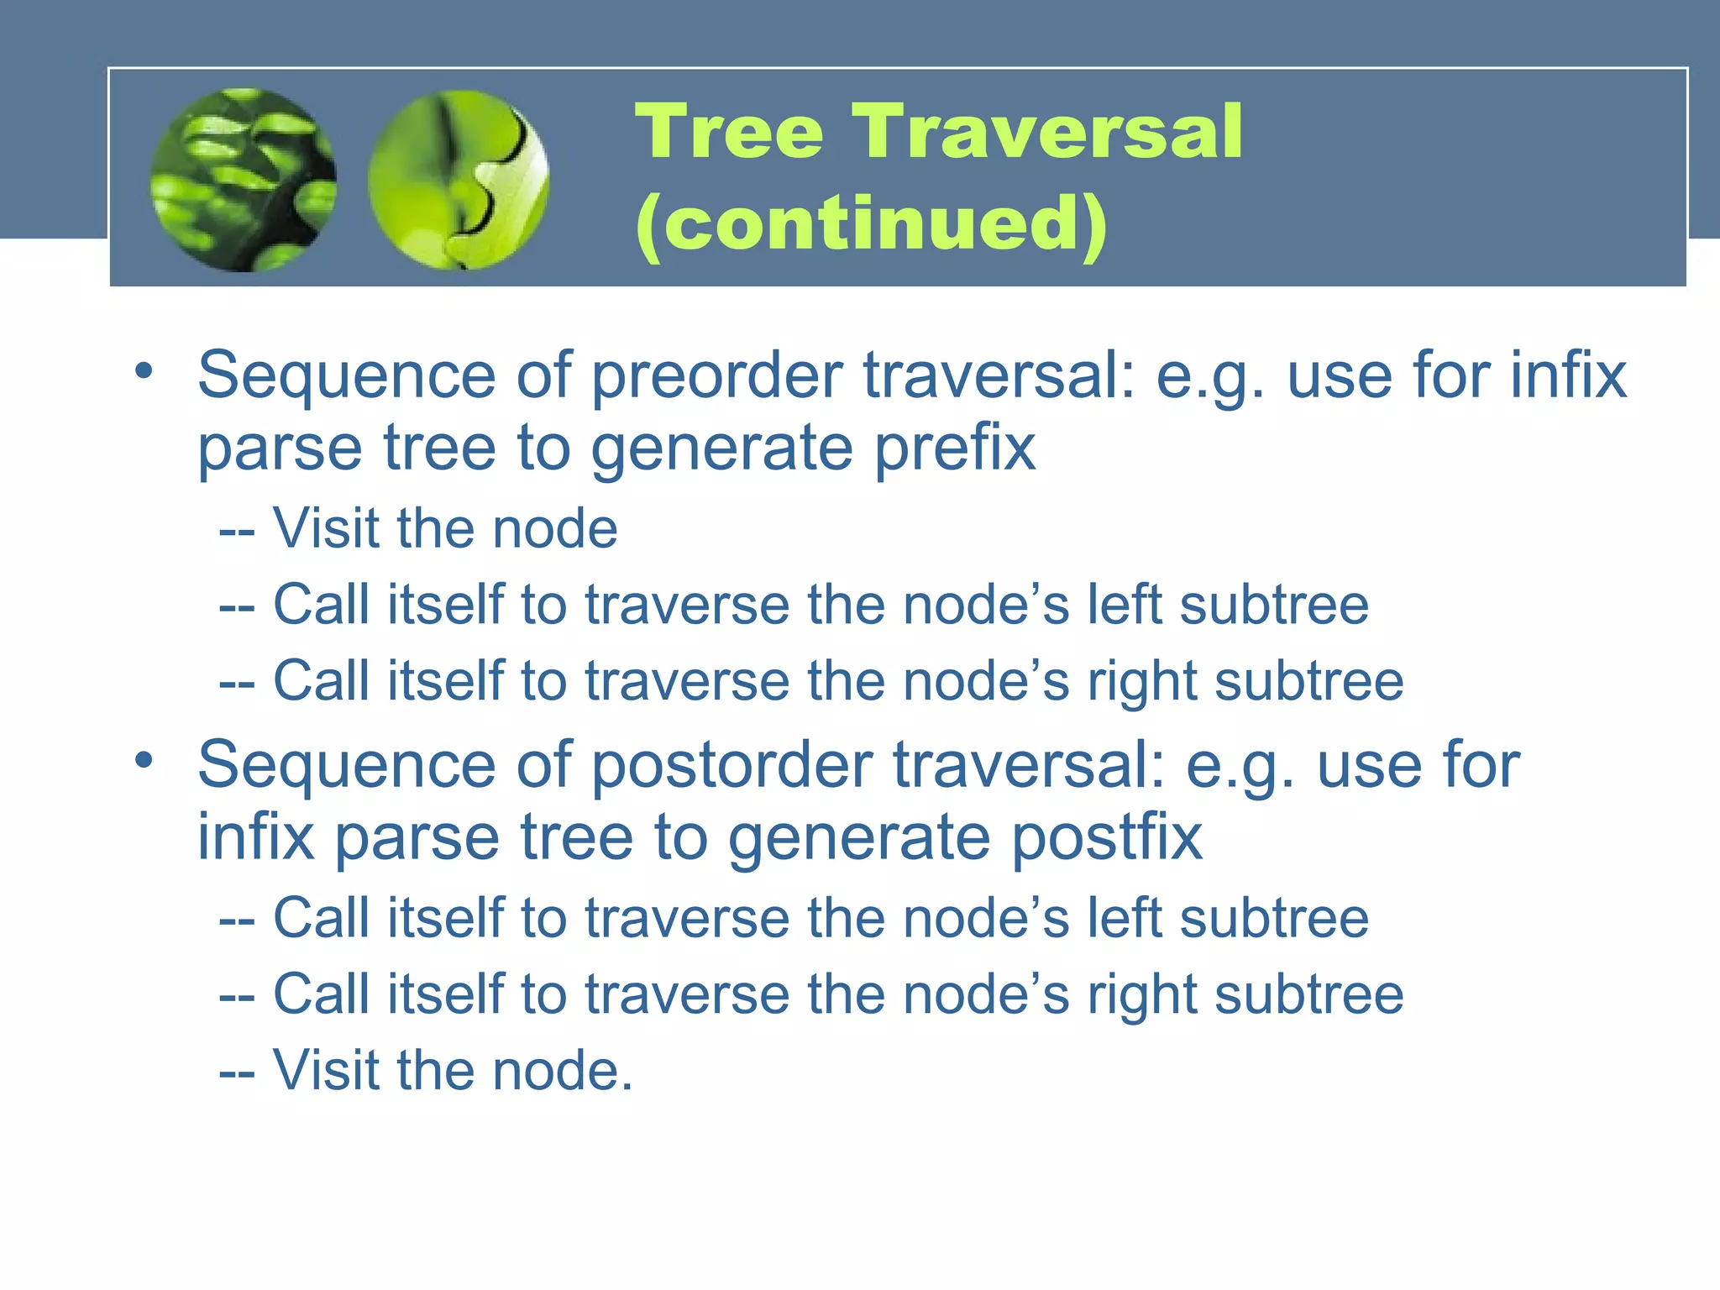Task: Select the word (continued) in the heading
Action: pyautogui.click(x=871, y=223)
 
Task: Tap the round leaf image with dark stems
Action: pyautogui.click(x=244, y=180)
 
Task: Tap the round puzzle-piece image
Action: pyautogui.click(x=459, y=180)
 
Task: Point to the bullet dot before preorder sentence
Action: pyautogui.click(x=144, y=370)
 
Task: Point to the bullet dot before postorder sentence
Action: pyautogui.click(x=144, y=759)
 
